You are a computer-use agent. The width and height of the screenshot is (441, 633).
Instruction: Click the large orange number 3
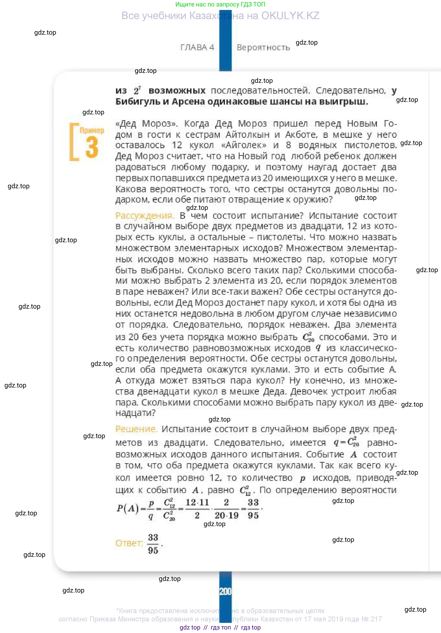point(92,148)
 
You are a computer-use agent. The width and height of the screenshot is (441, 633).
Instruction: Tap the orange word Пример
point(92,130)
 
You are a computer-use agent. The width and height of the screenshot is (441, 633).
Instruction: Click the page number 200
point(225,591)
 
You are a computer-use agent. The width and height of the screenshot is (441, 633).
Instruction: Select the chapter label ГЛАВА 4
point(197,47)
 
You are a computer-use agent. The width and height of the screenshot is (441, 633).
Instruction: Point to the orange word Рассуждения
point(145,216)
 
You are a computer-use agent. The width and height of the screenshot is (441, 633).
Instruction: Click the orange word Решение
point(136,429)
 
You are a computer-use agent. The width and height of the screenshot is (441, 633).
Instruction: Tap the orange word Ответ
point(129,543)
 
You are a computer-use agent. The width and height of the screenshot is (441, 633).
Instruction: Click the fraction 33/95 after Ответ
point(153,544)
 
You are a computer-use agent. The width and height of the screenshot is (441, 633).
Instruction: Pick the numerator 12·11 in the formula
point(197,503)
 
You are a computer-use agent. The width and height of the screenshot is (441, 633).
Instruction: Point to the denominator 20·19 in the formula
point(227,515)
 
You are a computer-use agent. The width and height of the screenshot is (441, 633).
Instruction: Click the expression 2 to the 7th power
point(137,90)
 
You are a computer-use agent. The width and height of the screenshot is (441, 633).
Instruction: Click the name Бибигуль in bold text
point(138,102)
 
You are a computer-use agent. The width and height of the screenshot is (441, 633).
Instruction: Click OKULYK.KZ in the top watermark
point(290,16)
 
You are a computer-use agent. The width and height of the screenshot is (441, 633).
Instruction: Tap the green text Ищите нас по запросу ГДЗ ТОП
point(220,4)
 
